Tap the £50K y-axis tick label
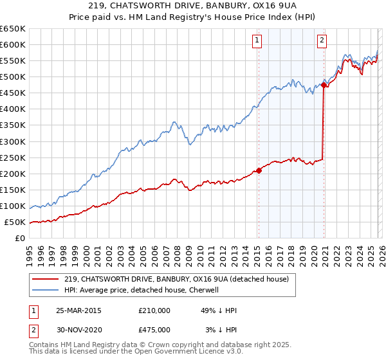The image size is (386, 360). click(15, 222)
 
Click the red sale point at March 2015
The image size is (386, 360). click(259, 170)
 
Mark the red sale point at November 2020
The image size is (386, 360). click(324, 84)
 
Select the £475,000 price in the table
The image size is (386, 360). click(154, 330)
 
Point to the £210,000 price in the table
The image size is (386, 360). click(154, 310)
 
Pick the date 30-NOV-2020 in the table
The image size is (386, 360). click(79, 330)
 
